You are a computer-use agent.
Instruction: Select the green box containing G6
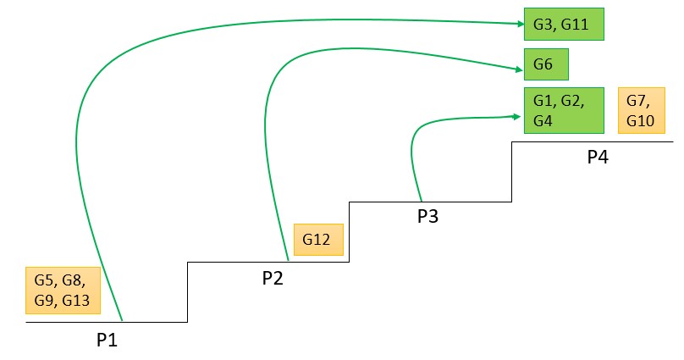546,64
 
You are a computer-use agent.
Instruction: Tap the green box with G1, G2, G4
563,110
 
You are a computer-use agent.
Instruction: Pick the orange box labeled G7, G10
642,110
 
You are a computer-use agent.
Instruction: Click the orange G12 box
317,240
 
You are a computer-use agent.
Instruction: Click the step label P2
272,279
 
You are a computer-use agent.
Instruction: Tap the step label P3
427,217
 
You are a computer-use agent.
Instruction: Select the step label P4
598,157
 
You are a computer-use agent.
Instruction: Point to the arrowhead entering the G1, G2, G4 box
519,117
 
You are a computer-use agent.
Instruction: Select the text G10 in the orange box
640,121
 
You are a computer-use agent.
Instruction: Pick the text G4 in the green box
543,121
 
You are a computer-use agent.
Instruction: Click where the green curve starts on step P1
123,320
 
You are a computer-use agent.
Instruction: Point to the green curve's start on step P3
421,200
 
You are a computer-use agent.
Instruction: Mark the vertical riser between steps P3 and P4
511,171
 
